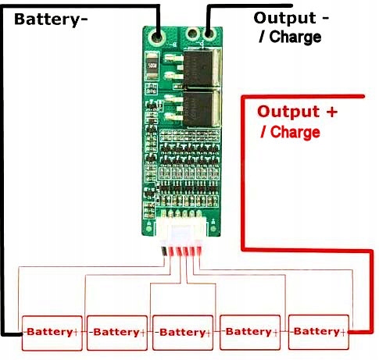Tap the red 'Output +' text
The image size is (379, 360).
point(298,112)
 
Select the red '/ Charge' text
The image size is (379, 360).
point(290,132)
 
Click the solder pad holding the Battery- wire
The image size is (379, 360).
point(159,35)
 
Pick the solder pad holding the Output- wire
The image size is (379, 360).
point(209,35)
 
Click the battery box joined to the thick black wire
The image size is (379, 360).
point(51,332)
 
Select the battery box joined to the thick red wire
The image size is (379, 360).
point(318,332)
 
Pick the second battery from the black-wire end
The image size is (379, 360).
point(116,332)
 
